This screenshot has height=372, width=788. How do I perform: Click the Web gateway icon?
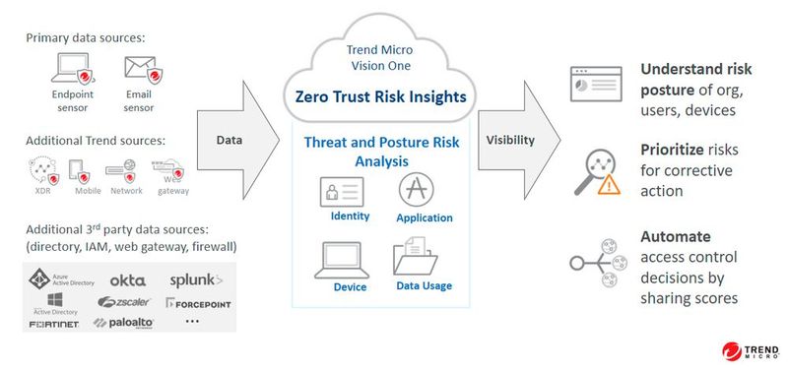(x=164, y=168)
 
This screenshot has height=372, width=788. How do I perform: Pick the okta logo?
(x=128, y=279)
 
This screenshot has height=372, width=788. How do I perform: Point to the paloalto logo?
(x=125, y=322)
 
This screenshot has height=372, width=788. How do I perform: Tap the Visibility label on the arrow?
(x=510, y=140)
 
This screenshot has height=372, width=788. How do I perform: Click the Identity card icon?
(x=342, y=190)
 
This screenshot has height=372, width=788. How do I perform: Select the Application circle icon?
(x=414, y=188)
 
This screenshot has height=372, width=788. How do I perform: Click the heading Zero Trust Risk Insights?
(x=380, y=96)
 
